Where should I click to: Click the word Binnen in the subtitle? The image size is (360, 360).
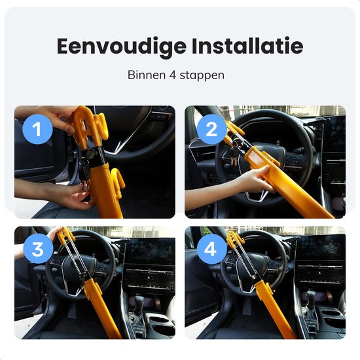pyautogui.click(x=145, y=75)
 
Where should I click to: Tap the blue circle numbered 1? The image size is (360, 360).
pyautogui.click(x=37, y=130)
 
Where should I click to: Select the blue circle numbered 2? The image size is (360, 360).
pyautogui.click(x=211, y=130)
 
